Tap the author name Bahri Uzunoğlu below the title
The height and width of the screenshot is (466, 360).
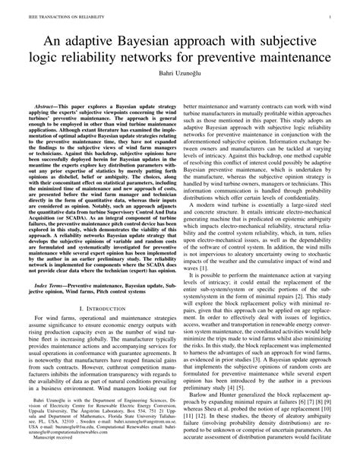point(180,81)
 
